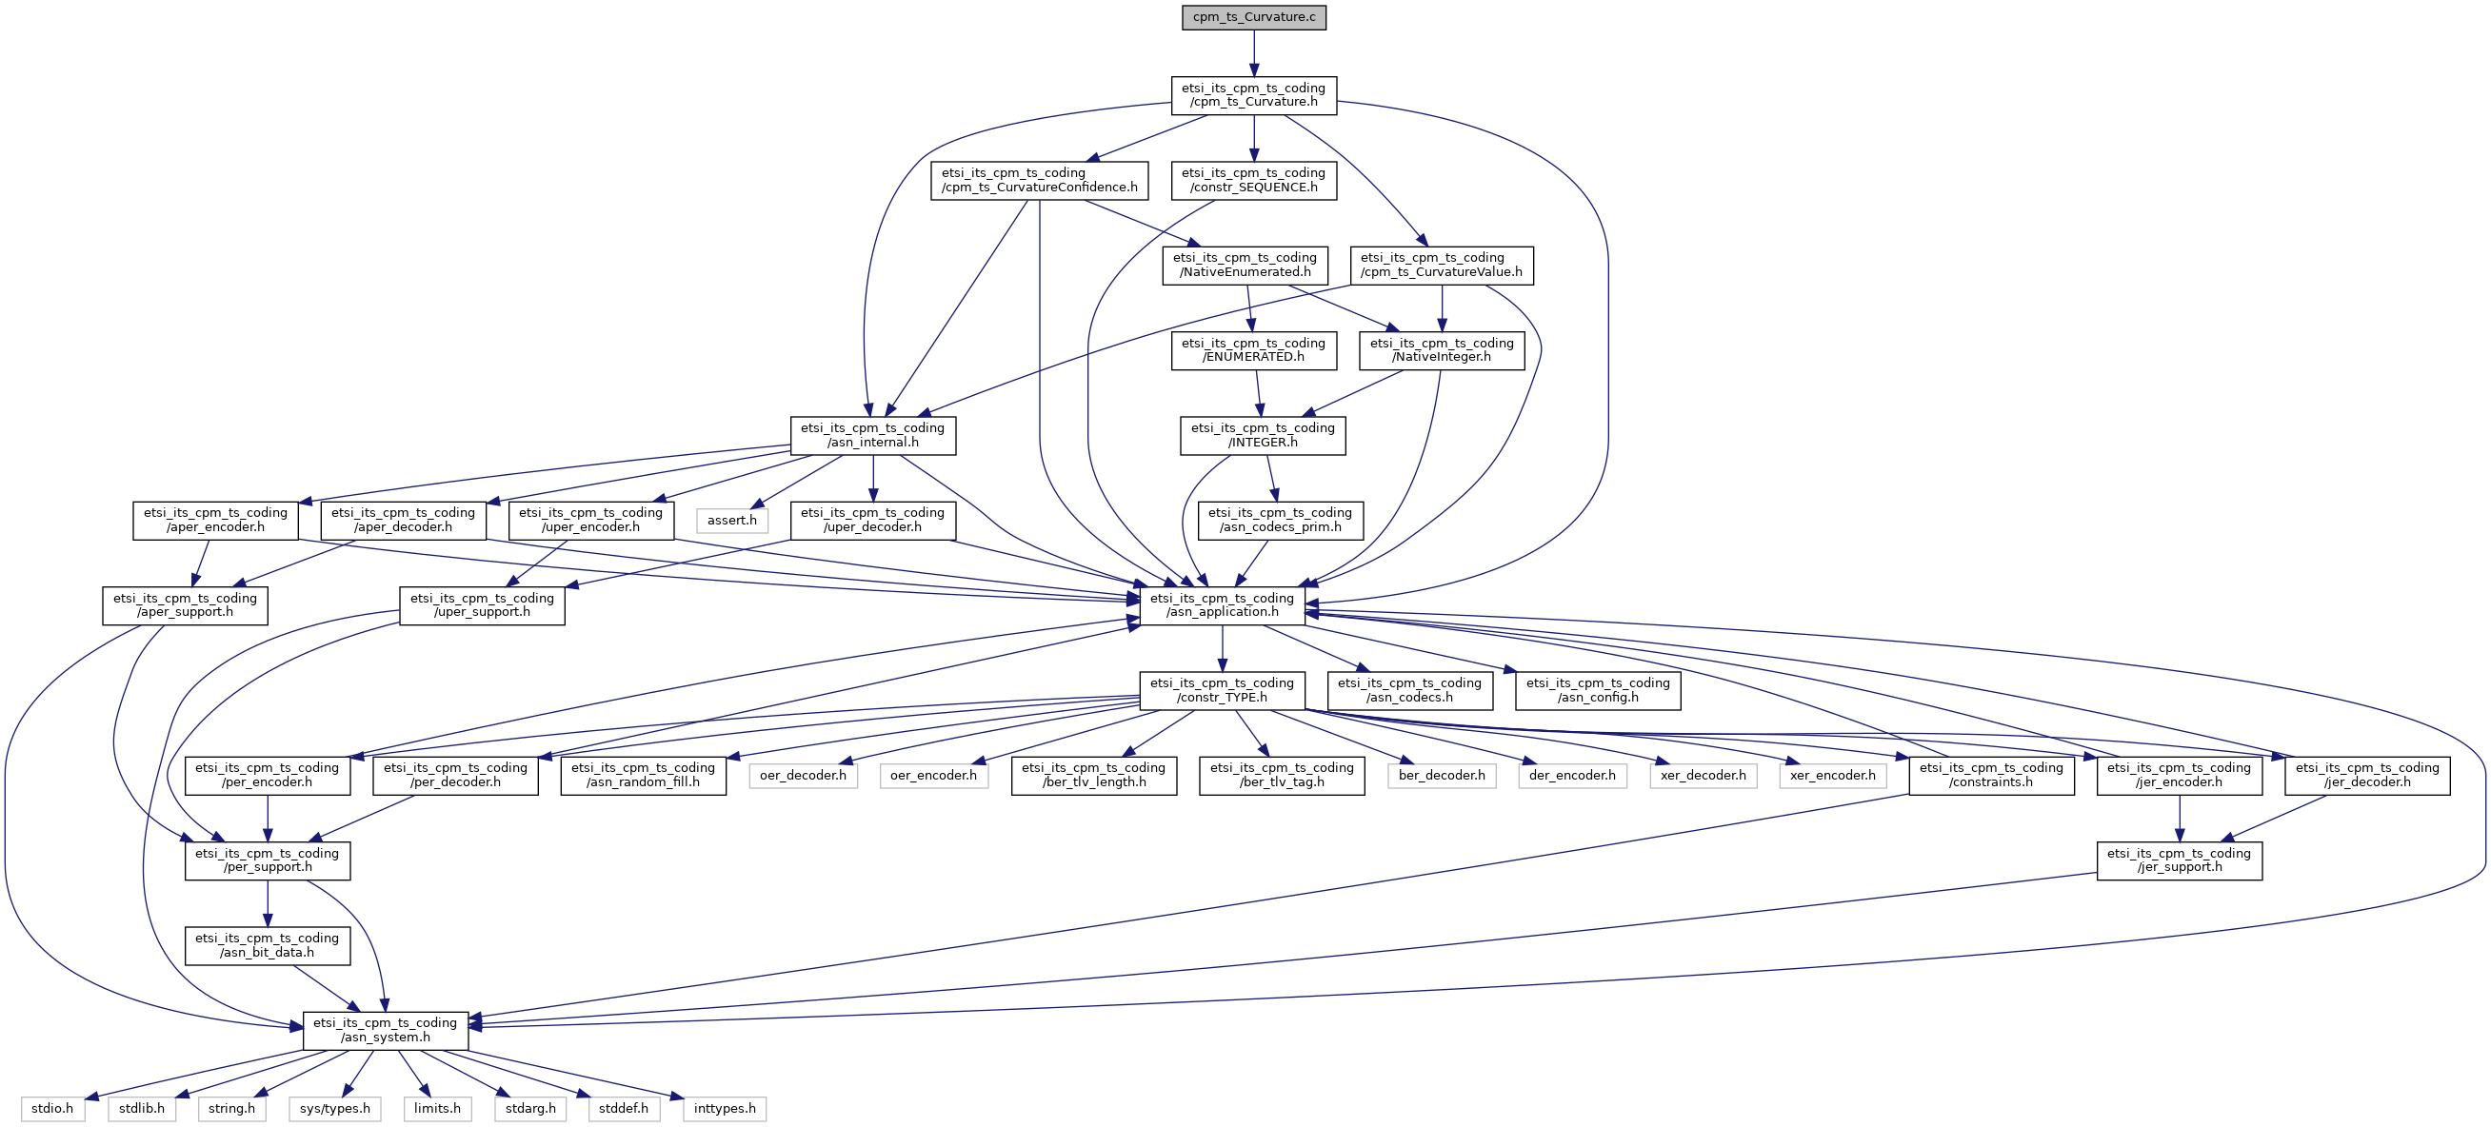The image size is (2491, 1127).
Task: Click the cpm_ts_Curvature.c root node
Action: (1253, 17)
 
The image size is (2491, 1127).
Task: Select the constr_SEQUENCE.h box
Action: (1253, 181)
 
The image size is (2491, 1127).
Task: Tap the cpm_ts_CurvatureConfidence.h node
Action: (1040, 181)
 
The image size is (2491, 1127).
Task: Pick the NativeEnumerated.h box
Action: (1245, 266)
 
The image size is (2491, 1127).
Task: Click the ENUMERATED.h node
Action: (1253, 351)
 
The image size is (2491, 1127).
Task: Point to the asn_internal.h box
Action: (873, 436)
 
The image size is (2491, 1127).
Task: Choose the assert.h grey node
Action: (732, 521)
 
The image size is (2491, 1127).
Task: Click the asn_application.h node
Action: (1223, 606)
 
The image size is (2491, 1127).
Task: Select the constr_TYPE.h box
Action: (1223, 691)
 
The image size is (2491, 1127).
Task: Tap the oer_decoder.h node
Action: (803, 776)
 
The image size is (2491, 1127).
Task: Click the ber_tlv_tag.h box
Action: (1282, 776)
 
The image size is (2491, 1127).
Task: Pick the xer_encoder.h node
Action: (1832, 776)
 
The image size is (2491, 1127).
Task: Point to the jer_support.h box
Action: (2180, 861)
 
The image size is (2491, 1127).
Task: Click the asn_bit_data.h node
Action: (268, 946)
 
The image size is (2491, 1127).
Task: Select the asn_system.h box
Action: (386, 1031)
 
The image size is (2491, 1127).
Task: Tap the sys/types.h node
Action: (334, 1109)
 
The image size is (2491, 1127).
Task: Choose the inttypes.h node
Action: (726, 1109)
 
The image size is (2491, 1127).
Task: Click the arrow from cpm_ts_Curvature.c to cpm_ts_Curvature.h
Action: (1253, 53)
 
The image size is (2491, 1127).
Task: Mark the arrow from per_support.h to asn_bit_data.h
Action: (268, 903)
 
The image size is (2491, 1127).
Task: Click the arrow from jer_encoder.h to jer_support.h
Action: (2180, 819)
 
